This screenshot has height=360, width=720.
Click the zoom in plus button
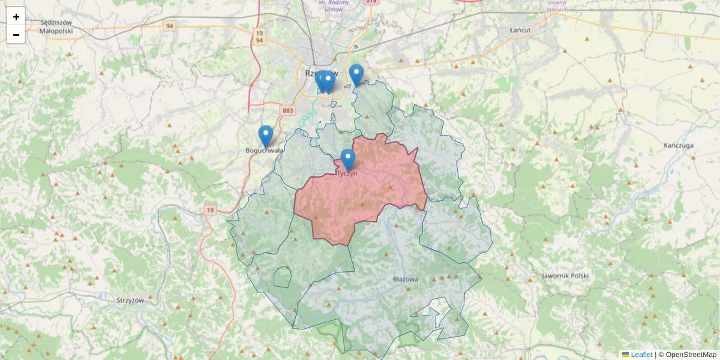pyautogui.click(x=16, y=17)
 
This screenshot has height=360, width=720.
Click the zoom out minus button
pyautogui.click(x=16, y=35)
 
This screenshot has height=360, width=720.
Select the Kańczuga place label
pyautogui.click(x=679, y=146)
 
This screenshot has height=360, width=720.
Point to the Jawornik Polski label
pyautogui.click(x=565, y=275)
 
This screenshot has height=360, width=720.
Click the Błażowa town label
pyautogui.click(x=406, y=279)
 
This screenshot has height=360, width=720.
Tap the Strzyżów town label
pyautogui.click(x=130, y=300)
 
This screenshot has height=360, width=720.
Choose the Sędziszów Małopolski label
pyautogui.click(x=56, y=26)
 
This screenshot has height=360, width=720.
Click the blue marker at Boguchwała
pyautogui.click(x=265, y=136)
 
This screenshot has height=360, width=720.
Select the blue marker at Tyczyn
pyautogui.click(x=347, y=159)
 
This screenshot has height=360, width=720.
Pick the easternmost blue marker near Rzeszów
pyautogui.click(x=356, y=74)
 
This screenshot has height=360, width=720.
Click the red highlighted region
pyautogui.click(x=360, y=192)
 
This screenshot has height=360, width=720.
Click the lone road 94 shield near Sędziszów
pyautogui.click(x=170, y=26)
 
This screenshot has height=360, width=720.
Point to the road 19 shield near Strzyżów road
pyautogui.click(x=210, y=210)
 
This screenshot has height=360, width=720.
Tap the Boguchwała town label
pyautogui.click(x=264, y=151)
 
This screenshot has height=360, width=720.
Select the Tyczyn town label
pyautogui.click(x=347, y=173)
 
